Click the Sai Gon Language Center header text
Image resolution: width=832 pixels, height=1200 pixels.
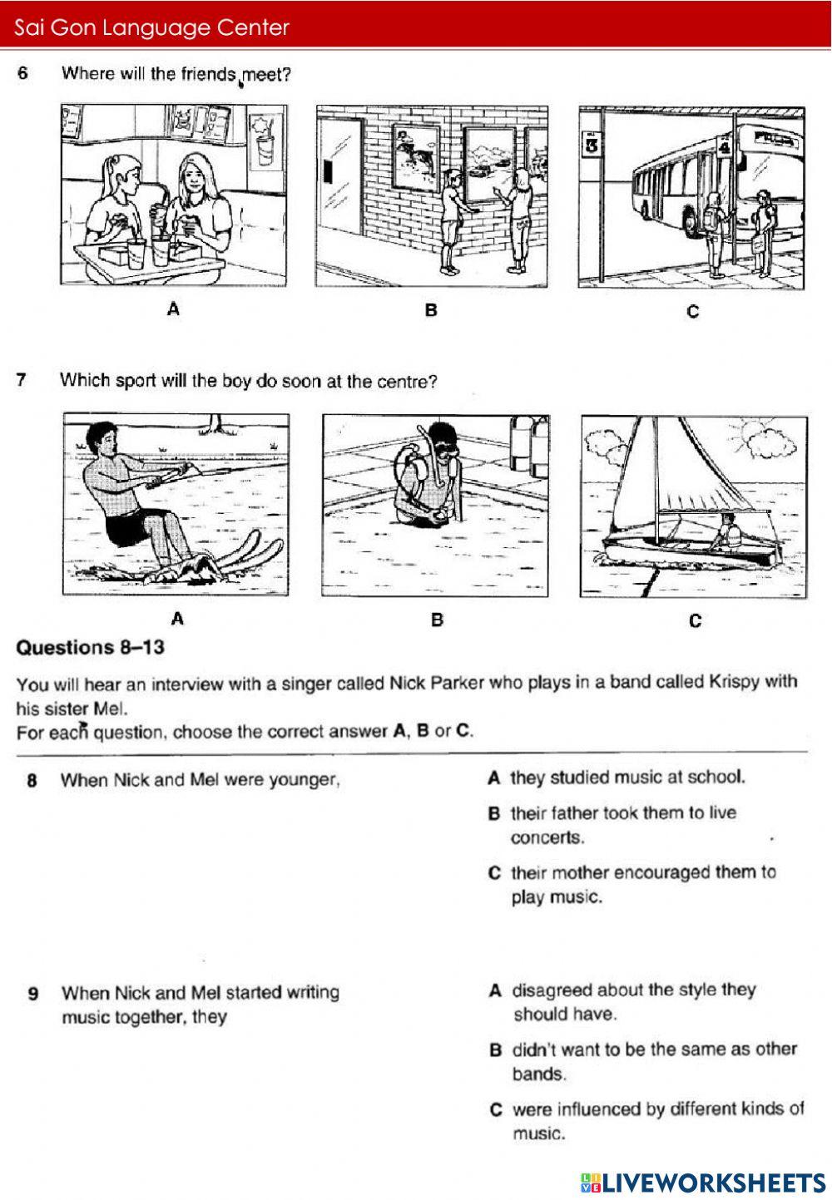(x=151, y=28)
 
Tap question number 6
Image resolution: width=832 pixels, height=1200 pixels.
(x=22, y=73)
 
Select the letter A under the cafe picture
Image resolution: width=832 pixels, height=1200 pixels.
(x=173, y=309)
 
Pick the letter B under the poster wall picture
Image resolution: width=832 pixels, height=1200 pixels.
(x=431, y=310)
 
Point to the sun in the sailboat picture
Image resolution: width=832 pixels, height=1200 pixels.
(x=758, y=433)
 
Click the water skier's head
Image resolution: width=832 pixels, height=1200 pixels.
(x=101, y=437)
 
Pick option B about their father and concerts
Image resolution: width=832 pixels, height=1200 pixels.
(x=623, y=824)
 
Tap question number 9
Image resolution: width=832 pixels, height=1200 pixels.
(x=32, y=993)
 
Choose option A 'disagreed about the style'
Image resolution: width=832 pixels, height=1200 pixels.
(x=632, y=1001)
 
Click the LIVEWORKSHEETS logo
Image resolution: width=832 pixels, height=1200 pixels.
(x=703, y=1183)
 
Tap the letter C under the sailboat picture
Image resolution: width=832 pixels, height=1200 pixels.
(x=696, y=620)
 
